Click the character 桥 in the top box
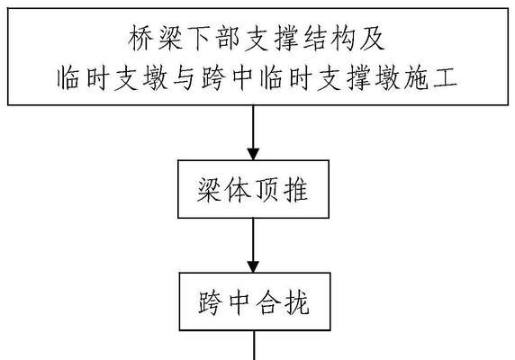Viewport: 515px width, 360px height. (140, 39)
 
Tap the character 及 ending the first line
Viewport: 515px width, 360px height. (372, 39)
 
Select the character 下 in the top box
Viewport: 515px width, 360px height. (198, 39)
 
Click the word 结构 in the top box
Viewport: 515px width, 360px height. (329, 39)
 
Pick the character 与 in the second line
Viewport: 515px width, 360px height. (184, 78)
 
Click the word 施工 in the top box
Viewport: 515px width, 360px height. (430, 78)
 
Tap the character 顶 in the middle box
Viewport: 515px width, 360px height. (268, 190)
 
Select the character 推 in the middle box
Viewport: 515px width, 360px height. (296, 190)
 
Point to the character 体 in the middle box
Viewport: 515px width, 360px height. (239, 190)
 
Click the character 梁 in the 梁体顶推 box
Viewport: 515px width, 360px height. (210, 190)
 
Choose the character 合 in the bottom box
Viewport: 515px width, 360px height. (268, 302)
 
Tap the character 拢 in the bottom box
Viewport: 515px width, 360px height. (297, 302)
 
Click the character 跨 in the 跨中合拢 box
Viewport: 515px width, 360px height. (210, 302)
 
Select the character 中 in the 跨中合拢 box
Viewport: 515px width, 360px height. (239, 302)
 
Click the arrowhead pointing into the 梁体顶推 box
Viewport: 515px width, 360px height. (253, 154)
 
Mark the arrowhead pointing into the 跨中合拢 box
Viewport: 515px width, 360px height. (253, 266)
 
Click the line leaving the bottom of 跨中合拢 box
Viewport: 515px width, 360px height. (254, 346)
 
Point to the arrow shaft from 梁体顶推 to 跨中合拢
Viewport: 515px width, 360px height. (253, 239)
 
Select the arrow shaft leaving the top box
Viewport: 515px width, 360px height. (253, 127)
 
